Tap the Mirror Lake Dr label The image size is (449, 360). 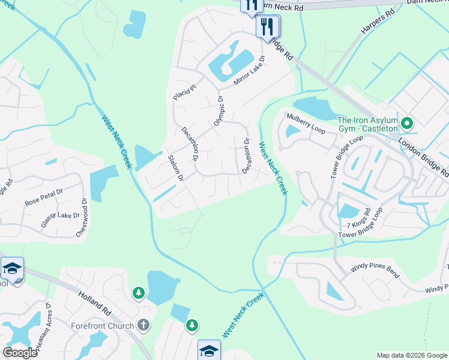pyautogui.click(x=249, y=71)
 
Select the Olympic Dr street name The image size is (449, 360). pyautogui.click(x=219, y=110)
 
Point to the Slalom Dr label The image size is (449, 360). pyautogui.click(x=175, y=169)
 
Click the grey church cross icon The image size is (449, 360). pyautogui.click(x=143, y=326)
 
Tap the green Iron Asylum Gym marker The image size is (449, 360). pyautogui.click(x=406, y=124)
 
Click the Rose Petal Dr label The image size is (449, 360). pyautogui.click(x=44, y=199)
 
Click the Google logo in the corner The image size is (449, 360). pyautogui.click(x=20, y=352)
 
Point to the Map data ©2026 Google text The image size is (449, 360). pyautogui.click(x=411, y=355)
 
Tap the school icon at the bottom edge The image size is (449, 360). pyautogui.click(x=209, y=350)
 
